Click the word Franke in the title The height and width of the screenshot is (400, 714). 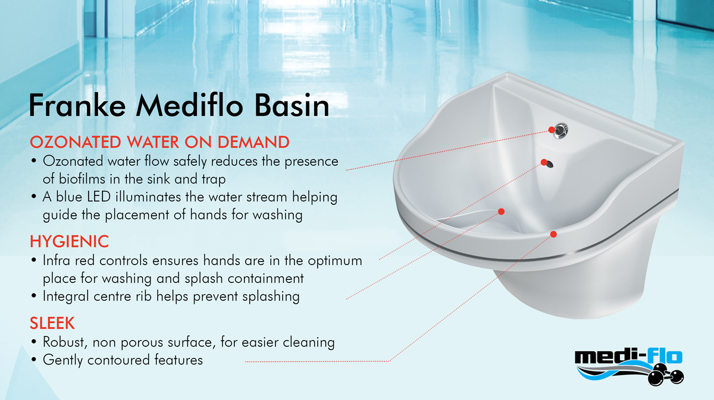(x=77, y=105)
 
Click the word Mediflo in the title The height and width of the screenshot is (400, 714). (x=190, y=105)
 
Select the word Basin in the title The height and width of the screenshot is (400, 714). (x=292, y=105)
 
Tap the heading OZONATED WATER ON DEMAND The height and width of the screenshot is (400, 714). (x=159, y=142)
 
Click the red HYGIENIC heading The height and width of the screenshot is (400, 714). (x=69, y=241)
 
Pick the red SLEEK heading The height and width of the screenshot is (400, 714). (x=52, y=323)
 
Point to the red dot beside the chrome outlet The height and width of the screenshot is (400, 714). (x=552, y=130)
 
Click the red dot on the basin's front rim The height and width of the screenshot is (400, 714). (x=553, y=234)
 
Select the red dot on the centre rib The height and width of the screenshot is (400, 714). (x=501, y=212)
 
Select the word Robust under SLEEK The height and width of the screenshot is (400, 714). (x=65, y=342)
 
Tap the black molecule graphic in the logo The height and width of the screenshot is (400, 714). (x=666, y=375)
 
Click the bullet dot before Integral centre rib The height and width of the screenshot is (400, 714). (x=34, y=296)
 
